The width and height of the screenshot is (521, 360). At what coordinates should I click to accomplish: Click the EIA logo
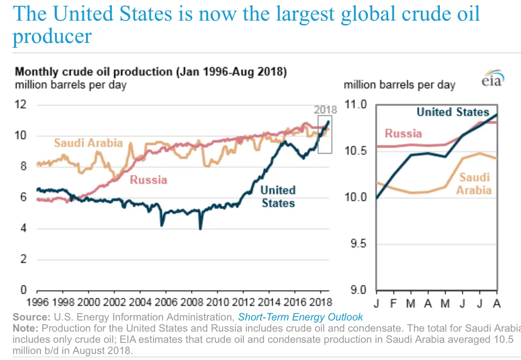pyautogui.click(x=493, y=78)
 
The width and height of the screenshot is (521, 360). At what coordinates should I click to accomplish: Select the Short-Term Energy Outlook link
pyautogui.click(x=300, y=317)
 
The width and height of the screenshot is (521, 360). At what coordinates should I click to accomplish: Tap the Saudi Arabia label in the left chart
pyautogui.click(x=88, y=143)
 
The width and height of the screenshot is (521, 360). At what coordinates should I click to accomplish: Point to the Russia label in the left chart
pyautogui.click(x=148, y=180)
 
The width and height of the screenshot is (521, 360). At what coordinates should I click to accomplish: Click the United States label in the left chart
pyautogui.click(x=278, y=196)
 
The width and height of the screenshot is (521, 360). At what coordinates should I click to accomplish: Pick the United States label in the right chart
pyautogui.click(x=453, y=112)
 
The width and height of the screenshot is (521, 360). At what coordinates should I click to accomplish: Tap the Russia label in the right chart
pyautogui.click(x=403, y=134)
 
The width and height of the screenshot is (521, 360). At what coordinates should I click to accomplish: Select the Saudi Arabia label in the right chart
pyautogui.click(x=474, y=183)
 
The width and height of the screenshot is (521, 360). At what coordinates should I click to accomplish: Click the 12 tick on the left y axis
pyautogui.click(x=21, y=104)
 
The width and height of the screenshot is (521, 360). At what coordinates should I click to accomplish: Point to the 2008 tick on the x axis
pyautogui.click(x=192, y=302)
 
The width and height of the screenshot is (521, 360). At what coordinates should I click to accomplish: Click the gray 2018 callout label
pyautogui.click(x=325, y=110)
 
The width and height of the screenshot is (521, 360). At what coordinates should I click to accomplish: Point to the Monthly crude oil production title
pyautogui.click(x=150, y=71)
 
